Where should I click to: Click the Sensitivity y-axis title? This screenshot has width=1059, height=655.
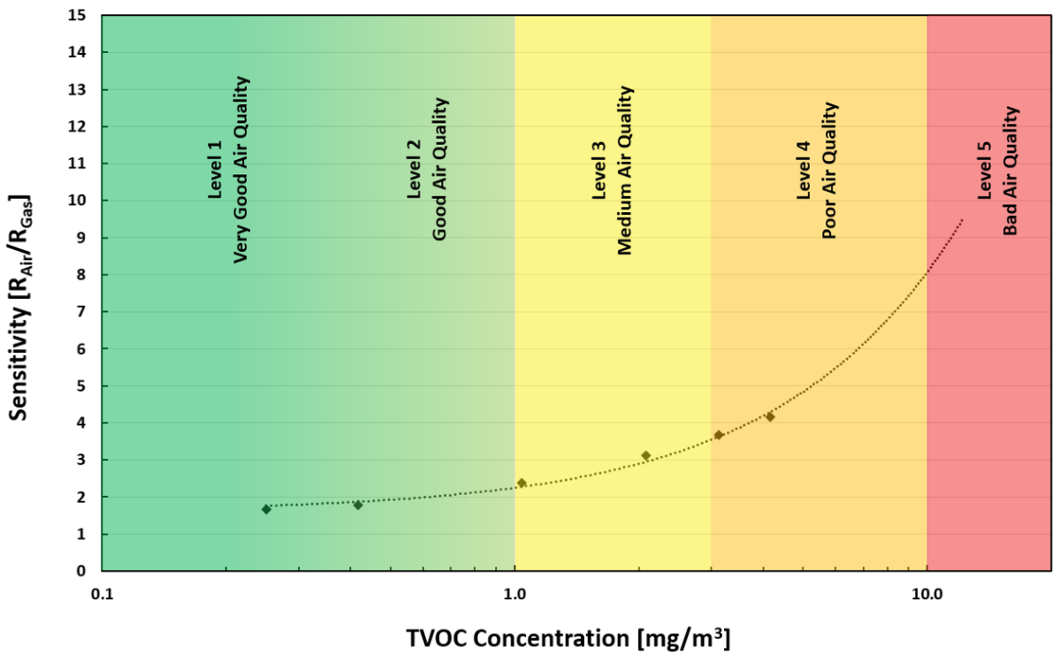tap(24, 292)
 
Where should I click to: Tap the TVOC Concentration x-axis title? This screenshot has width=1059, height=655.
tap(568, 637)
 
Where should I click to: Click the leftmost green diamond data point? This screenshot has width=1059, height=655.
tap(266, 509)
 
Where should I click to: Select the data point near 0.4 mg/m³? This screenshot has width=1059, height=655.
tap(358, 505)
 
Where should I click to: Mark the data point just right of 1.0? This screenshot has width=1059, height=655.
tap(522, 483)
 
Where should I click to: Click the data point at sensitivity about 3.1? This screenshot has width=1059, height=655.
tap(645, 455)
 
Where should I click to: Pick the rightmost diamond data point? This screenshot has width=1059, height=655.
tap(770, 416)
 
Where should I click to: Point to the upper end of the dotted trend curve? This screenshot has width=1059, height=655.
tap(962, 219)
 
